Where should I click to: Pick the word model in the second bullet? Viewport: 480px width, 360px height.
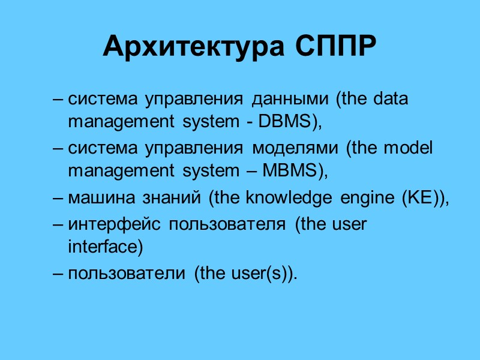click(x=412, y=148)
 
